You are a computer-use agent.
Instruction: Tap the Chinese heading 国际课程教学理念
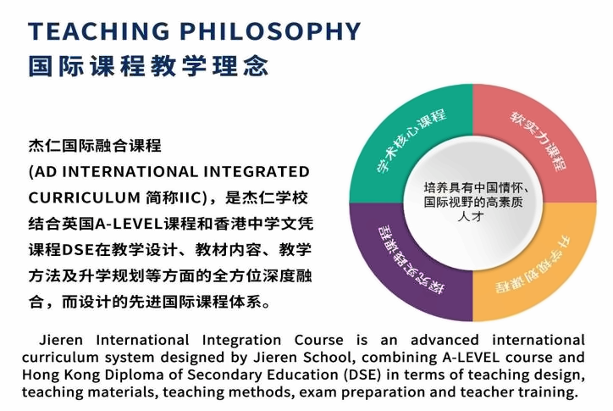coord(148,66)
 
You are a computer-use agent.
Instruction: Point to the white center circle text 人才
coord(471,216)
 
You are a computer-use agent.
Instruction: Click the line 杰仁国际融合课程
coord(95,146)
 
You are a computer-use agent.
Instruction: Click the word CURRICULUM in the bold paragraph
coord(85,197)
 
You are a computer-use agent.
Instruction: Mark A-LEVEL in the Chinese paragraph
coord(129,224)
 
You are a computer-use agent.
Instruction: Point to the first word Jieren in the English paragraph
coord(61,340)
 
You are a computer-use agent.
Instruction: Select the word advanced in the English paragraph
coord(445,340)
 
